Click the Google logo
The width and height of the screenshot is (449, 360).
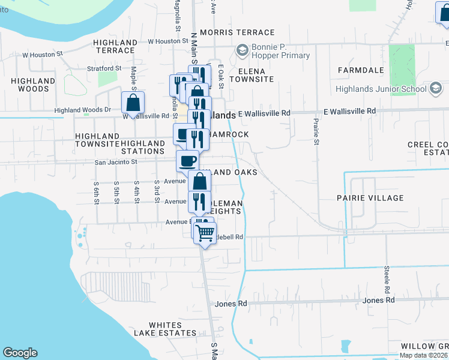(x=20, y=353)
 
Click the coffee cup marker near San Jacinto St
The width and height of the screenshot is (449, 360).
(x=188, y=161)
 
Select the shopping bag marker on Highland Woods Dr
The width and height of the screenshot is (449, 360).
(x=133, y=102)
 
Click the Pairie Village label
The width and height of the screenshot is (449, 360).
(x=370, y=197)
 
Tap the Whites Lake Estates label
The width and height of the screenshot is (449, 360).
(x=165, y=329)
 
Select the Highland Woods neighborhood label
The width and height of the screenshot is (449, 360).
(x=29, y=85)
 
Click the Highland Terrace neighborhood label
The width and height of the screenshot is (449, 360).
(x=116, y=46)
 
